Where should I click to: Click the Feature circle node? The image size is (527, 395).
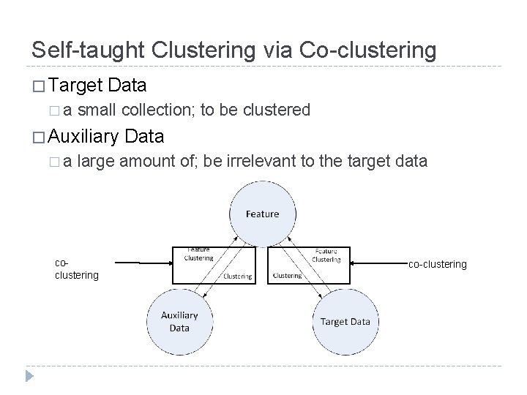[262, 213]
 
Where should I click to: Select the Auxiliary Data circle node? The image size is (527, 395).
[179, 321]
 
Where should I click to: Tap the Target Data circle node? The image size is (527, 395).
[345, 321]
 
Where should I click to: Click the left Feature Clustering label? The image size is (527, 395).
[198, 254]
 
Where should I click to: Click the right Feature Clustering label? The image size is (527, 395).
[326, 254]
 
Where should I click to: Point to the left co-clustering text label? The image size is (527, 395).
[77, 269]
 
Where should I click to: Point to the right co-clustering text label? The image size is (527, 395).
[437, 264]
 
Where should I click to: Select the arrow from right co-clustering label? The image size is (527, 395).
[379, 262]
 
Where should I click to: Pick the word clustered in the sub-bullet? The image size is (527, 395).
[277, 110]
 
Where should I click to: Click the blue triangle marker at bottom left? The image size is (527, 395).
[30, 376]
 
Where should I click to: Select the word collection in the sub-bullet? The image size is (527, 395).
[155, 110]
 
